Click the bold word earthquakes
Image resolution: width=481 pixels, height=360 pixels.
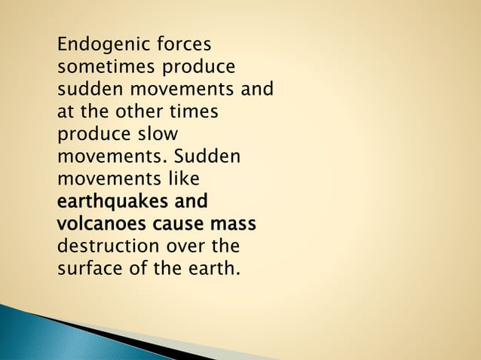[x=112, y=203]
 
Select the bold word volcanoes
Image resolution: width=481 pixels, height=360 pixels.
[x=102, y=224]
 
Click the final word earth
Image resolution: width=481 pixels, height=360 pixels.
[x=214, y=269]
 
